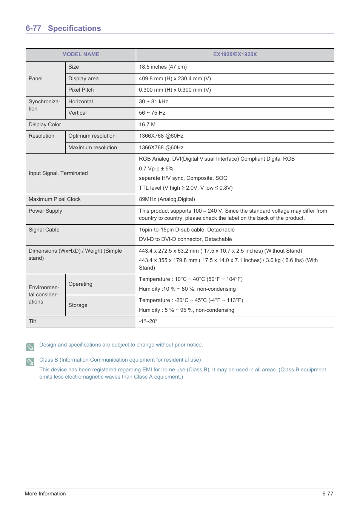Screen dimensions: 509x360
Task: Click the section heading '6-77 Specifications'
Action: tap(63, 28)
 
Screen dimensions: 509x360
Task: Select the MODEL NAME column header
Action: tap(81, 54)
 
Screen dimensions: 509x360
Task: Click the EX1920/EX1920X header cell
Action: tap(235, 54)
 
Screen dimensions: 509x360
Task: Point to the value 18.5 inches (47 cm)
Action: tap(163, 67)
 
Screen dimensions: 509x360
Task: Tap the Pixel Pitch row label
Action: tap(81, 90)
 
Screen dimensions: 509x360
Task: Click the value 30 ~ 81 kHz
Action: tap(153, 101)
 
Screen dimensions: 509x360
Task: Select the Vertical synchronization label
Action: tap(77, 113)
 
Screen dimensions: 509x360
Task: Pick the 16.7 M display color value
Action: tap(147, 124)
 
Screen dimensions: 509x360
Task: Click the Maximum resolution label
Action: tap(92, 147)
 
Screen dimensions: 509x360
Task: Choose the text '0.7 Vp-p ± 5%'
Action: tap(156, 169)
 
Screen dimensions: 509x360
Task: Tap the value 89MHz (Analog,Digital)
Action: tap(167, 199)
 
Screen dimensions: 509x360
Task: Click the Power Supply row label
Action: tap(45, 211)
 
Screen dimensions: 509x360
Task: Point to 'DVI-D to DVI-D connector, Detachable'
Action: tap(185, 239)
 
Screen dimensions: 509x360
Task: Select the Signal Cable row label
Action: tap(44, 230)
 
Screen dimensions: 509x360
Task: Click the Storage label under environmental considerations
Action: tap(78, 305)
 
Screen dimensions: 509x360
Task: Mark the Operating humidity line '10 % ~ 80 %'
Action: tap(187, 289)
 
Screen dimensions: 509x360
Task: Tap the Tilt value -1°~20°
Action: tap(148, 321)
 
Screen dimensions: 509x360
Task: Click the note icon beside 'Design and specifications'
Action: tap(30, 347)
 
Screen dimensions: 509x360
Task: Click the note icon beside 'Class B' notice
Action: tap(30, 362)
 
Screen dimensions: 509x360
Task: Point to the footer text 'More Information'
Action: tap(45, 494)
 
